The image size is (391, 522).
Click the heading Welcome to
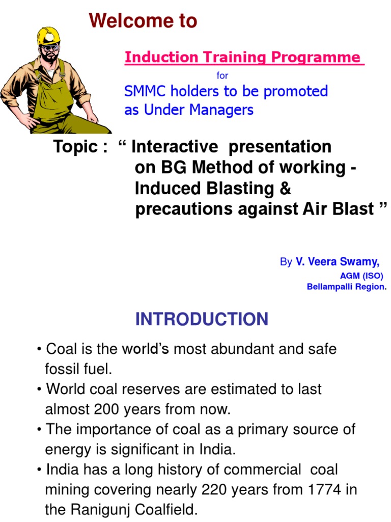(x=143, y=21)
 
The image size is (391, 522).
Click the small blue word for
(x=222, y=75)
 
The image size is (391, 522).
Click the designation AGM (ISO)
(x=361, y=276)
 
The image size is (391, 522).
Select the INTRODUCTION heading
(x=202, y=320)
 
